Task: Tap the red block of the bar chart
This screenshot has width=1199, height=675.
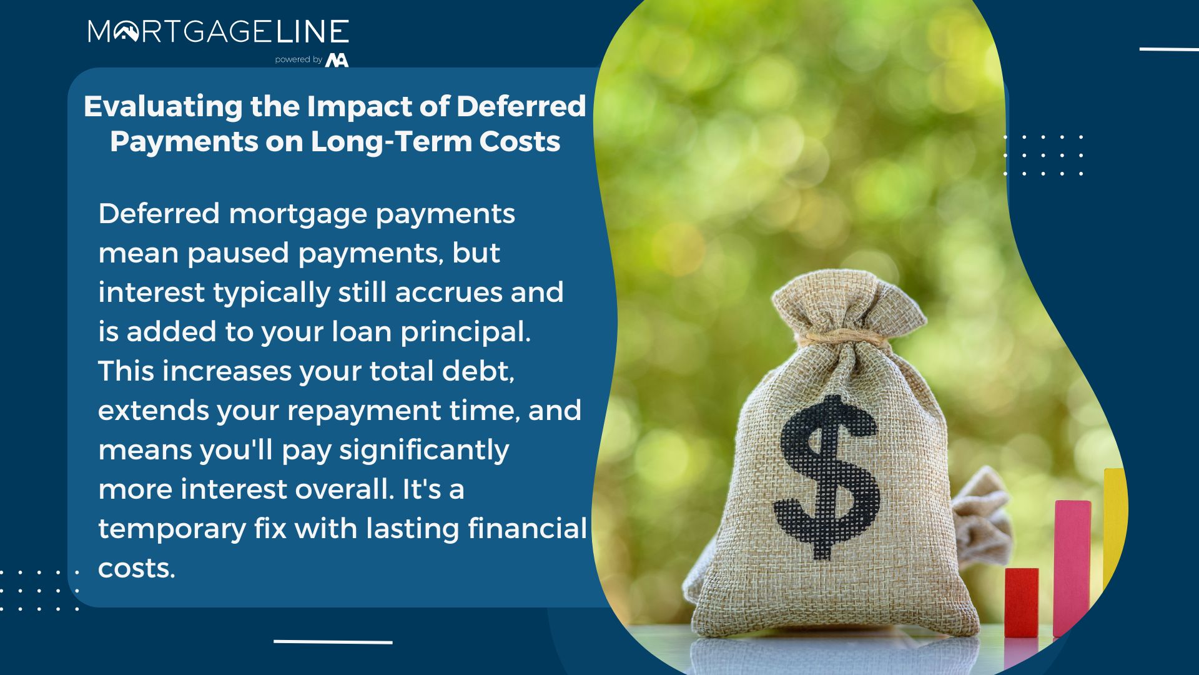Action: (x=1022, y=602)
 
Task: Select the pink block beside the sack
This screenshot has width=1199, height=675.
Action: (x=1072, y=567)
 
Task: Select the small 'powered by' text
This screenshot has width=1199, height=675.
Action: (x=299, y=59)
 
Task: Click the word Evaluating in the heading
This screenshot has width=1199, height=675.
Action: (x=163, y=107)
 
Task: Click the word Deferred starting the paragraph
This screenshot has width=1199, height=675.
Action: (x=159, y=213)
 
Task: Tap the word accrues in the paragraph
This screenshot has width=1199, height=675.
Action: (x=448, y=292)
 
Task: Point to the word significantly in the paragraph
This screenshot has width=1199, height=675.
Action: (x=424, y=451)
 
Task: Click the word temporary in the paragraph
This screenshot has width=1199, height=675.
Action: (x=172, y=529)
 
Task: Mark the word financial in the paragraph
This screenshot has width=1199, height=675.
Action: (x=527, y=528)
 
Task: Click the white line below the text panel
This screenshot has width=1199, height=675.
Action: (x=333, y=642)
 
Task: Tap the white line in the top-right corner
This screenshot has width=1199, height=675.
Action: (x=1169, y=49)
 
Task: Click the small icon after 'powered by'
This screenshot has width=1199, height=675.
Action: (x=337, y=60)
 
